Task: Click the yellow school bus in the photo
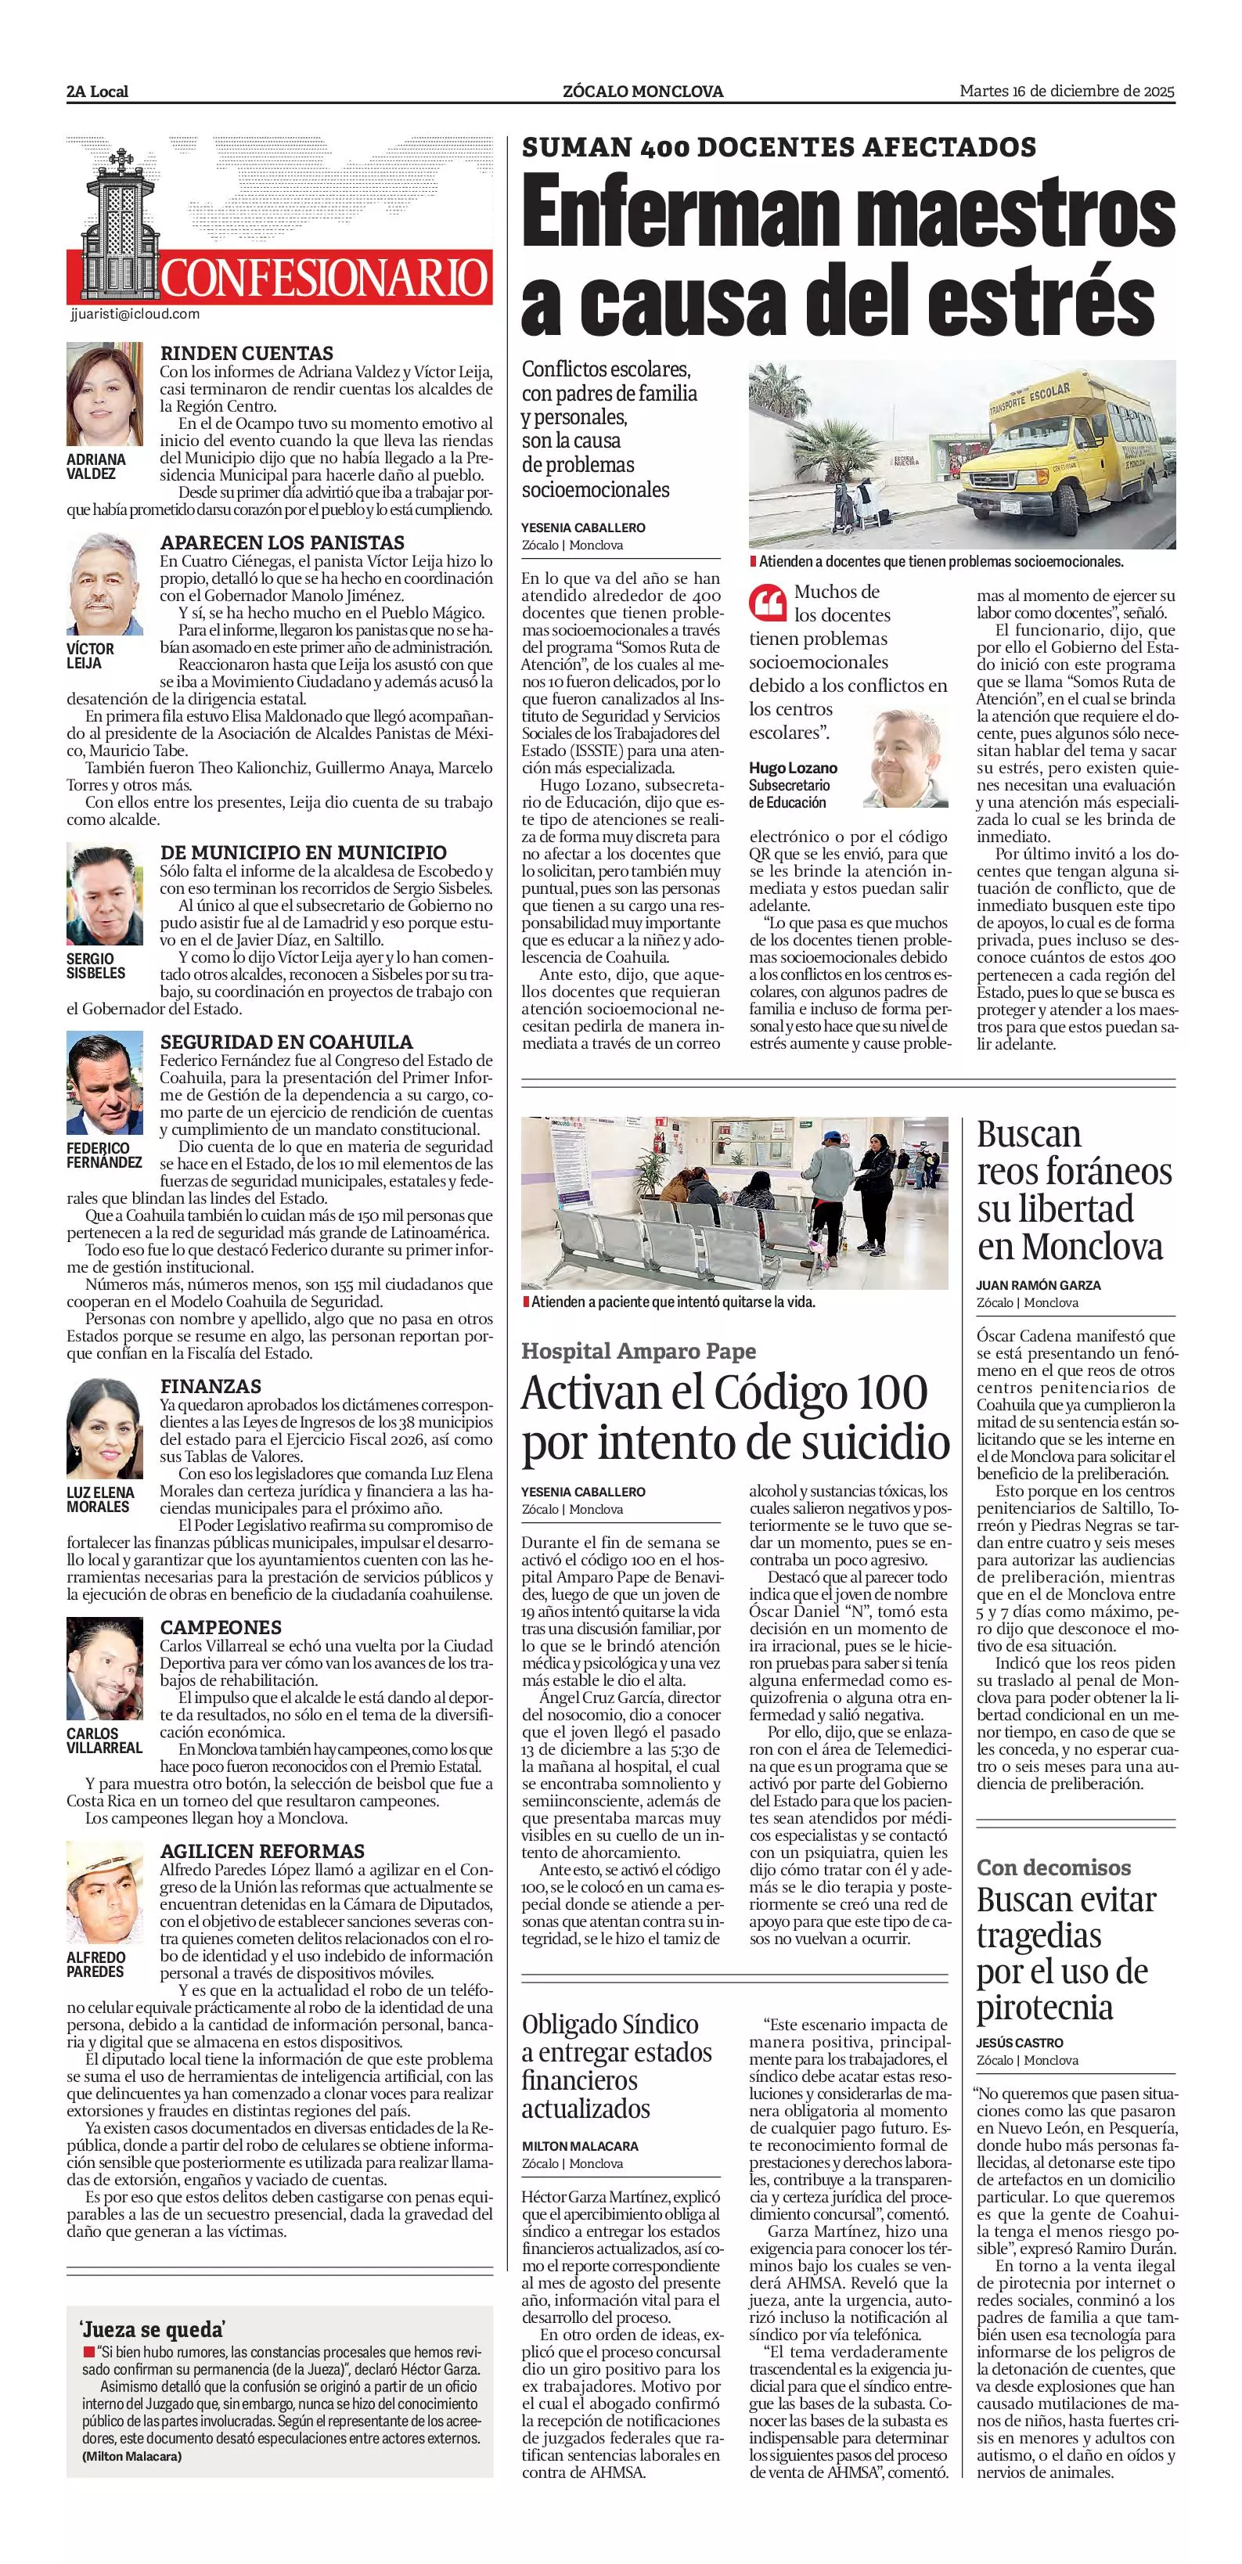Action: point(1065,448)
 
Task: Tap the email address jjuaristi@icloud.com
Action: point(135,314)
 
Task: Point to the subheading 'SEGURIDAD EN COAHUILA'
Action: point(286,1041)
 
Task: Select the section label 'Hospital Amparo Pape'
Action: point(638,1351)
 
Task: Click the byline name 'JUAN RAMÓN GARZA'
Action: point(1038,1285)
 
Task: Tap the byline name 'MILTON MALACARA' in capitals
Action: point(580,2146)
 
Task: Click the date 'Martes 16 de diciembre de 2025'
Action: point(1067,92)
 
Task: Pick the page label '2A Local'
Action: point(98,92)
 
